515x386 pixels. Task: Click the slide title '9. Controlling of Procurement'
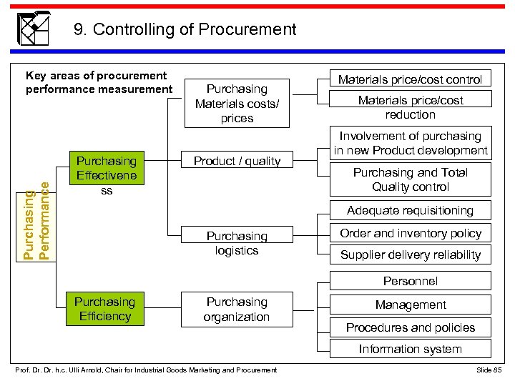pos(185,29)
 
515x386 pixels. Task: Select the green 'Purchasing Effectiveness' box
pos(106,176)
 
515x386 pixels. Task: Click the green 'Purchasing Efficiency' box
pos(105,309)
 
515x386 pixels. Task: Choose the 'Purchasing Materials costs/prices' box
pos(237,104)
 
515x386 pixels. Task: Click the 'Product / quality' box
pos(237,161)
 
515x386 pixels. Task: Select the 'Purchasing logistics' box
pos(237,243)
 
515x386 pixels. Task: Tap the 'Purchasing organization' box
pos(237,310)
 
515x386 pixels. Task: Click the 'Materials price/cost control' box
pos(410,79)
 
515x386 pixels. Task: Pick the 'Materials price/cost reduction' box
pos(410,107)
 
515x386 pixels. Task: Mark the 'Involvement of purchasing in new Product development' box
pos(410,143)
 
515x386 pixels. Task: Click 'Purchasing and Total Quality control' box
pos(410,179)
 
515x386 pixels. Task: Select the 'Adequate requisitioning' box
pos(410,210)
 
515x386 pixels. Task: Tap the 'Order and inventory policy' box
pos(410,233)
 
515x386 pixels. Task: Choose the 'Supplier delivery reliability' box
pos(410,254)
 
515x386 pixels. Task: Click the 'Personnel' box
pos(410,281)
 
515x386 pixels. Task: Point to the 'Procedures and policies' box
pos(410,327)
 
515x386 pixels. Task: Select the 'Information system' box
pos(410,349)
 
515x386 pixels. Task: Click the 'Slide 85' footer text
pos(489,370)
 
